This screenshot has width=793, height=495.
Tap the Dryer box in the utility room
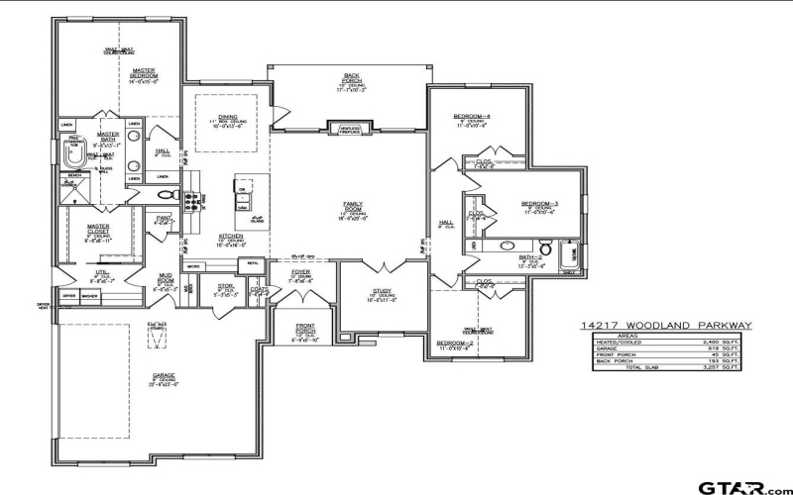tap(69, 296)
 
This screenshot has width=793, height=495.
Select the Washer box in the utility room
tap(90, 296)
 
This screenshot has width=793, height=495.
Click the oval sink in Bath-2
tap(507, 244)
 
